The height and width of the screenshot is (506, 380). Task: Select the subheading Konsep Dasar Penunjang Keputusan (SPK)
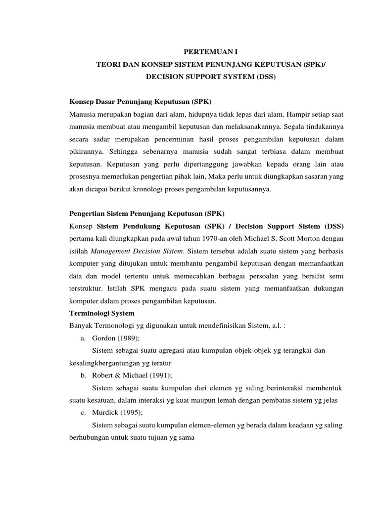pyautogui.click(x=140, y=102)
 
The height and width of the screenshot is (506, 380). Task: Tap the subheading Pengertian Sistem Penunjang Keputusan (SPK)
pyautogui.click(x=146, y=213)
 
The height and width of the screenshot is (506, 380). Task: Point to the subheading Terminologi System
pyautogui.click(x=101, y=313)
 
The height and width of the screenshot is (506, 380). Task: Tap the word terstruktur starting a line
pyautogui.click(x=85, y=288)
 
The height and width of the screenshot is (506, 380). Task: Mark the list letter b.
pyautogui.click(x=82, y=375)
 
